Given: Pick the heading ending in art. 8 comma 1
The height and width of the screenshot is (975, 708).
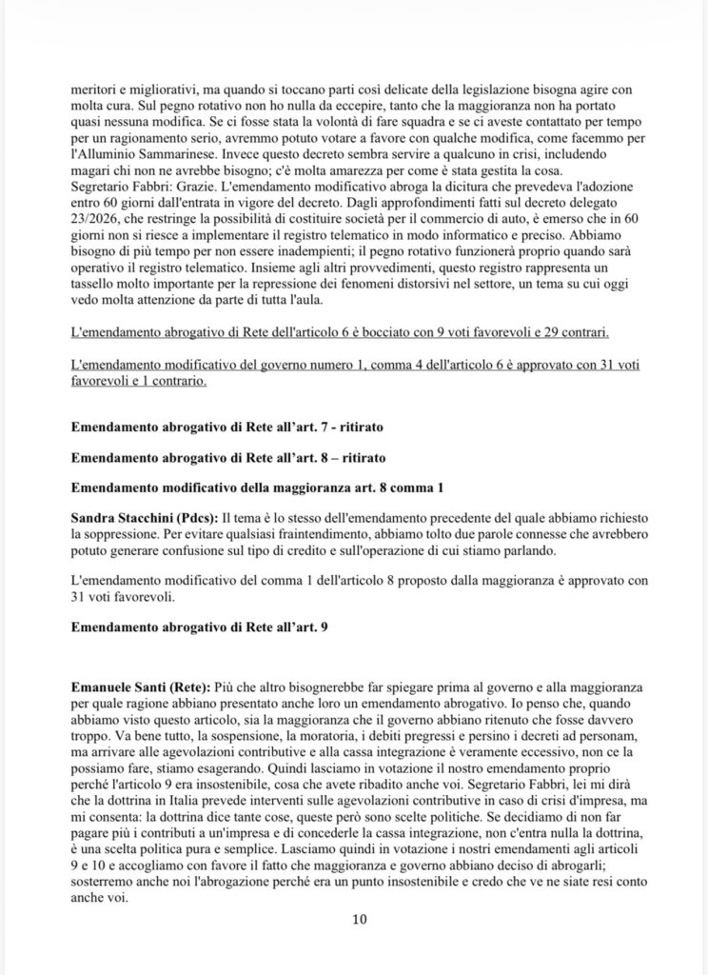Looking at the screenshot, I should tap(258, 487).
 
